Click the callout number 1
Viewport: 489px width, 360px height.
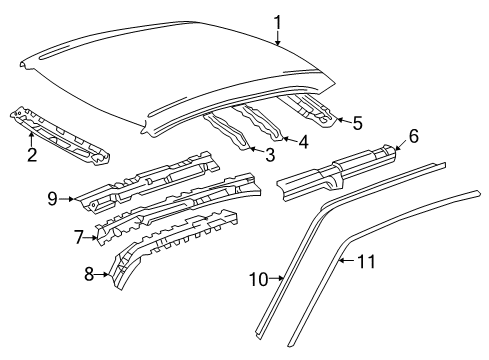(x=278, y=23)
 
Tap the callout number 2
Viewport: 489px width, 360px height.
(x=32, y=155)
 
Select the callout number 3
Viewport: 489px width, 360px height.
(x=270, y=155)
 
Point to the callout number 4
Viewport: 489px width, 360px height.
(x=303, y=141)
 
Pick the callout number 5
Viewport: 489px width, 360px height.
(x=358, y=123)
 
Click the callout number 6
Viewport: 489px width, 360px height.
(x=413, y=136)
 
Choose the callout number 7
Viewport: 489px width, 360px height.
(x=78, y=237)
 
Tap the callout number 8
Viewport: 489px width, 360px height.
(x=89, y=274)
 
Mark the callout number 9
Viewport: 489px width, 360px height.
(x=52, y=199)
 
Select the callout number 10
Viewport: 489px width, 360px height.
(x=259, y=279)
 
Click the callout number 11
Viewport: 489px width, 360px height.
(x=366, y=261)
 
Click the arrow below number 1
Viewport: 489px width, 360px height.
(x=278, y=38)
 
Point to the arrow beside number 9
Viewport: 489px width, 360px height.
(x=68, y=199)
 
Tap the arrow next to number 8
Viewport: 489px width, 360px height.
(x=102, y=274)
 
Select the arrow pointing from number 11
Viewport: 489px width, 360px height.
(x=347, y=261)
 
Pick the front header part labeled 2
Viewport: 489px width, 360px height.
(x=60, y=137)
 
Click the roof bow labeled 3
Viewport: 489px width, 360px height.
(x=227, y=131)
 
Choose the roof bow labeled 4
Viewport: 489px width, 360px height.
(x=258, y=122)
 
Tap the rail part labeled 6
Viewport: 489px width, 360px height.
(x=337, y=173)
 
